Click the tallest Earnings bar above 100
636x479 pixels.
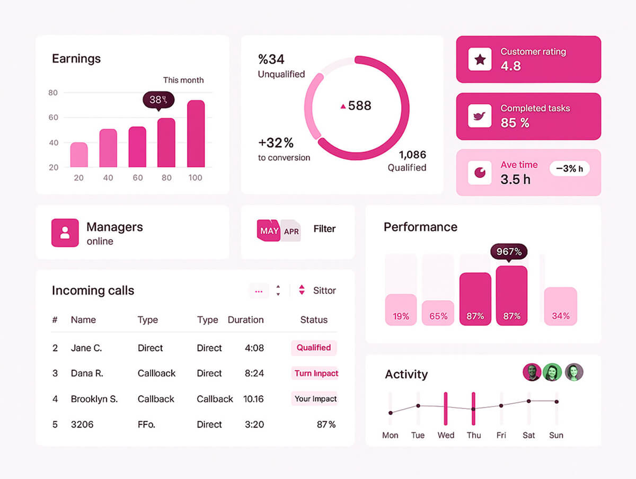click(196, 134)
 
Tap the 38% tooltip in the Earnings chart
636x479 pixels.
click(158, 100)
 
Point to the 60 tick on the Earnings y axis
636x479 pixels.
click(54, 117)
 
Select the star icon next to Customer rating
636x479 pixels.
click(480, 59)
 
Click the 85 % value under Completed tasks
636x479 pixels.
click(515, 123)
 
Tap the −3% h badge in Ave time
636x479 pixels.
click(569, 169)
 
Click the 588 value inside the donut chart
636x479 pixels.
click(359, 106)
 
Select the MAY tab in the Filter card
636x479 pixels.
click(269, 231)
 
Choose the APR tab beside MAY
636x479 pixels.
click(291, 232)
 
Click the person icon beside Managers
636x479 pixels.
click(65, 233)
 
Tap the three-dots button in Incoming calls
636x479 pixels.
click(259, 291)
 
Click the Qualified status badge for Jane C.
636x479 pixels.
click(314, 348)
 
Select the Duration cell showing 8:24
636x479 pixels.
click(254, 374)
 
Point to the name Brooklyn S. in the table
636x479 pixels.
click(94, 399)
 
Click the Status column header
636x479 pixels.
click(314, 320)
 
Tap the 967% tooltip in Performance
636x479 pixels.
click(509, 252)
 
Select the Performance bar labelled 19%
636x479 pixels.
click(401, 309)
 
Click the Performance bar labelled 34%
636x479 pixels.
click(560, 306)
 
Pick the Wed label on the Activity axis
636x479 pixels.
click(446, 435)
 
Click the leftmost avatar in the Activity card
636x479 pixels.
click(532, 372)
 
